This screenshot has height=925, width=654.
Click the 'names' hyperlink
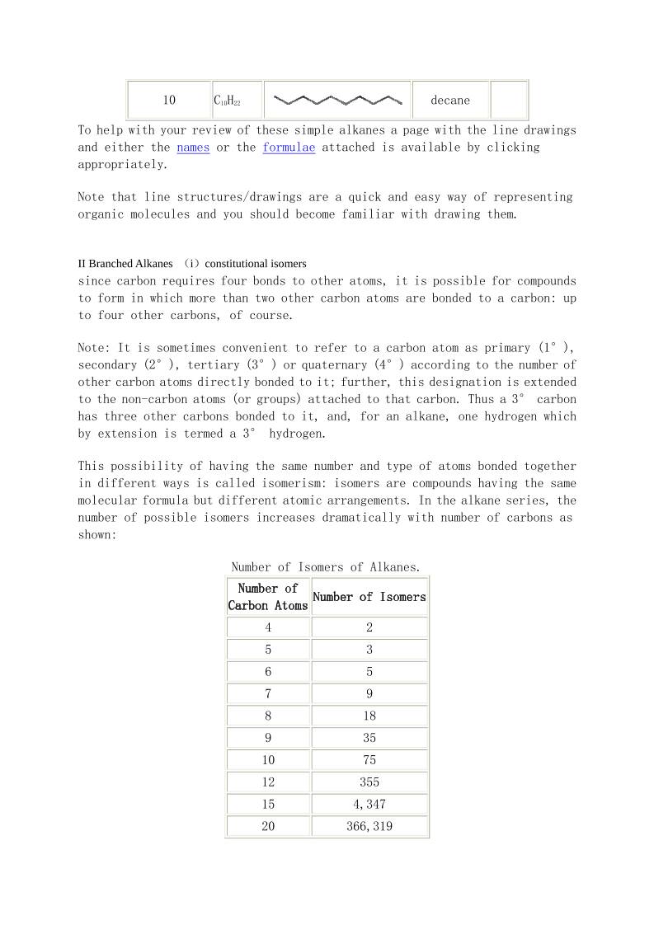point(193,148)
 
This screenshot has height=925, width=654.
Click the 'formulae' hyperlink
point(289,148)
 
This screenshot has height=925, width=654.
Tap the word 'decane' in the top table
point(450,101)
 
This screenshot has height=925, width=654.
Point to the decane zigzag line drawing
point(337,101)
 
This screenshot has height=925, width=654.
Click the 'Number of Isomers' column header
point(369,597)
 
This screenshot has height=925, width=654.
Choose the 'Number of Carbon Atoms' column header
point(268,597)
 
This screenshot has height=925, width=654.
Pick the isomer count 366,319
point(369,826)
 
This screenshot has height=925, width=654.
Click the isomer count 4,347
point(369,804)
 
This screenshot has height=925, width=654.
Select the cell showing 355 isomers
point(369,782)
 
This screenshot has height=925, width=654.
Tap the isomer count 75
point(369,760)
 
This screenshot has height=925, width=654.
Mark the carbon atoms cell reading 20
point(268,826)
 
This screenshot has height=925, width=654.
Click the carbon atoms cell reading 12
point(268,782)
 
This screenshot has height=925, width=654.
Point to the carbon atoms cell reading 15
point(268,804)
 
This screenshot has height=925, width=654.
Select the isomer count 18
point(369,716)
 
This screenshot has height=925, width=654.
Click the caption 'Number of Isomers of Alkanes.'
point(326,567)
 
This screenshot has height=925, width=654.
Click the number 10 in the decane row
point(169,101)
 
